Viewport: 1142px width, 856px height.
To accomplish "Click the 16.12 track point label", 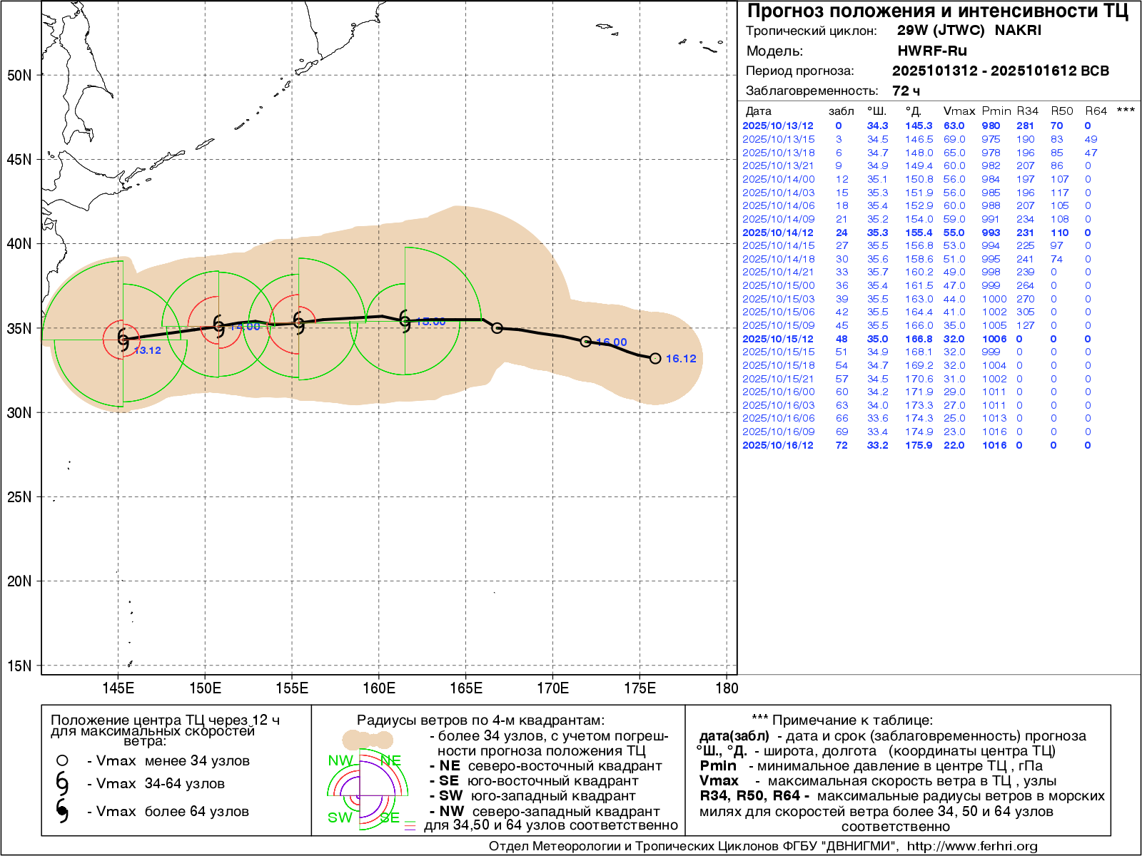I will click(681, 359).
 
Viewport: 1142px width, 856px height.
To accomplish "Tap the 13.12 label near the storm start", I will click(148, 350).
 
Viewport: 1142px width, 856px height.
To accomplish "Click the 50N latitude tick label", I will click(19, 76).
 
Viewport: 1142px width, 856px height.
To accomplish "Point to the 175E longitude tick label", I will click(640, 688).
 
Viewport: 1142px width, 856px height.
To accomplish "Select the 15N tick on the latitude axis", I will click(19, 666).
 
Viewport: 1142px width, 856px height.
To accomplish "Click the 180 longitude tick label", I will click(727, 688).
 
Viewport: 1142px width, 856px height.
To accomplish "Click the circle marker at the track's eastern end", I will click(655, 358).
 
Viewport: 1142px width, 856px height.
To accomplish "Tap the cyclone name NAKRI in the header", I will click(1018, 31).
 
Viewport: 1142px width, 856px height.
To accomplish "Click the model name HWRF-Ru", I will click(932, 51).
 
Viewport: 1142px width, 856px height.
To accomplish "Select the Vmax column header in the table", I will click(959, 111).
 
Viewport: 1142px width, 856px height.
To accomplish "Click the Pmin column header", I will click(996, 111).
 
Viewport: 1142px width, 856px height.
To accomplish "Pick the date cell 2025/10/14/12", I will click(778, 233).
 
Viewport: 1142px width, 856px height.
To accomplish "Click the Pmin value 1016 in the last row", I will click(994, 445).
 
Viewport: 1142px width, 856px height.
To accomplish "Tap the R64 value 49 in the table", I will click(1091, 139).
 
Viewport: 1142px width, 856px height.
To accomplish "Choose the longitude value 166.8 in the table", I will click(919, 339).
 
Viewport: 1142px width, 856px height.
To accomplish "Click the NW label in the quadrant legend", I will click(340, 760).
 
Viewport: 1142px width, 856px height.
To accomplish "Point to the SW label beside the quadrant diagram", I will click(340, 817).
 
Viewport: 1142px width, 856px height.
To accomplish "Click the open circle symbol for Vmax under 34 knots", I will click(63, 761).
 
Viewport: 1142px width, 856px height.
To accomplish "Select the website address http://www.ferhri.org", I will click(972, 846).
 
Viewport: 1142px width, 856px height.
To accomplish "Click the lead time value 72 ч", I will click(906, 91).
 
